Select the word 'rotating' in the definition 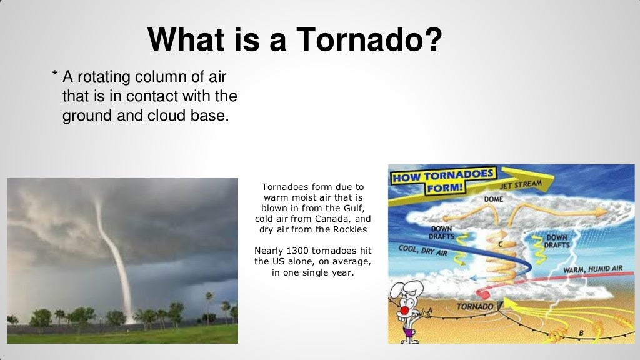click(x=107, y=77)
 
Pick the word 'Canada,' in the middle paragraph click(x=337, y=219)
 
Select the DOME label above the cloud click(x=494, y=199)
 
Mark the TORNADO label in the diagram click(x=475, y=307)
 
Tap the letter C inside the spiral click(x=500, y=244)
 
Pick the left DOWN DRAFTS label click(x=441, y=232)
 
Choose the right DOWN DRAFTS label click(x=557, y=241)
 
